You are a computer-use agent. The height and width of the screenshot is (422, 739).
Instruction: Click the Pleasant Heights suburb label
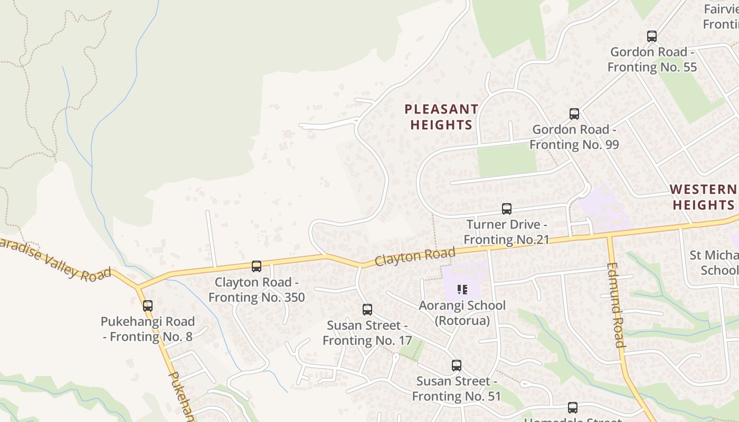pos(441,117)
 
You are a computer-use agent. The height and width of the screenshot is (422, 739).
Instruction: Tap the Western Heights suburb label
pos(704,197)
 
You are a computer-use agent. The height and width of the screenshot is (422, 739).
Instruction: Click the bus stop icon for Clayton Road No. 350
pos(257,266)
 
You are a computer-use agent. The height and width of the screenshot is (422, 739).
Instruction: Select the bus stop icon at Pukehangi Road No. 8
pos(148,306)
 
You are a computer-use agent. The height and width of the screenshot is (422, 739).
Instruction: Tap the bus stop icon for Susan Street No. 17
pos(367,310)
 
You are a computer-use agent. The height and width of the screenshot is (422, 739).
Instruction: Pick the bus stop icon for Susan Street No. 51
pos(457,366)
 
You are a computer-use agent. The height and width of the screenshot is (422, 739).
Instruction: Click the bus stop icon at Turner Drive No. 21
pos(507,209)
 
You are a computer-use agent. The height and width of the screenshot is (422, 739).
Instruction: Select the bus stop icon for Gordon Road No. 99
pos(574,114)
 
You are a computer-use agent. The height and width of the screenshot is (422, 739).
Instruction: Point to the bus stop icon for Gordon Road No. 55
pos(652,36)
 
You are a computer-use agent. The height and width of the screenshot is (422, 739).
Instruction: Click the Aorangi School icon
pos(462,289)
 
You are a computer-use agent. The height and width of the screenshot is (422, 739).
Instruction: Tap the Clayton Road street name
pos(415,256)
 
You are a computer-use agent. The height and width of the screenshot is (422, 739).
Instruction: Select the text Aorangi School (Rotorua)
pos(462,313)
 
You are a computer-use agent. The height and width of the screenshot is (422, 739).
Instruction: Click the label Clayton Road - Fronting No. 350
pos(257,290)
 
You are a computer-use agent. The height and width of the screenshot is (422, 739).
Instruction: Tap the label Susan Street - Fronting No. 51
pos(456,388)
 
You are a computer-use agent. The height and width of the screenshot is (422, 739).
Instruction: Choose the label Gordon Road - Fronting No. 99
pos(574,137)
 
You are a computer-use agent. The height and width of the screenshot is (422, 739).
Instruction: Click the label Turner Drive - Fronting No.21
pos(507,232)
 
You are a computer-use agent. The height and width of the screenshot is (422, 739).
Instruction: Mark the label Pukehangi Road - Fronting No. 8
pos(148,329)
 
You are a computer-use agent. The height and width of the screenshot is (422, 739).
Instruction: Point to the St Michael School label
pos(714,263)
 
